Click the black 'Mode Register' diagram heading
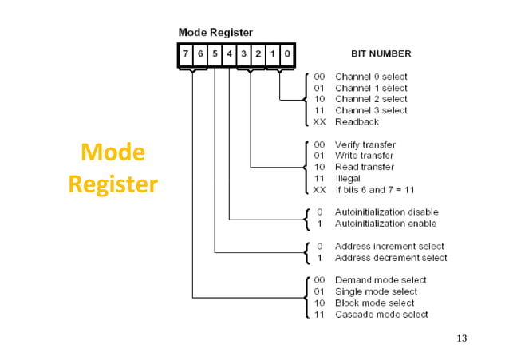coord(215,33)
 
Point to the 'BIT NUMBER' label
coord(381,54)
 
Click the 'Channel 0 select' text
coord(371,77)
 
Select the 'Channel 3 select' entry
coord(371,110)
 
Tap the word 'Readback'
coord(357,122)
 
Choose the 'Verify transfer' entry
coord(365,144)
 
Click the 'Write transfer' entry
coord(364,156)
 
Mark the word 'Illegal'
coord(349,178)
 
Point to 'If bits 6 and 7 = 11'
coord(374,190)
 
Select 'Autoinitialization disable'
coord(386,212)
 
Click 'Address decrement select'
coord(390,258)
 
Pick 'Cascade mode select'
coord(381,315)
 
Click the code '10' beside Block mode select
coord(319,303)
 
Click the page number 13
coord(461,339)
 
